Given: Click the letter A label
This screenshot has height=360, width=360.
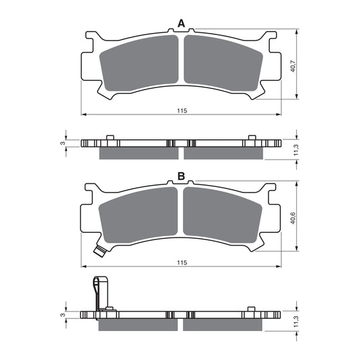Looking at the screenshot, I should click(x=180, y=24).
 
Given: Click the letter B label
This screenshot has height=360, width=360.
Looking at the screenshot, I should click(x=180, y=176).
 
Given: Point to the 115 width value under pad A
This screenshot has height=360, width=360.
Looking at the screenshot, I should click(x=181, y=110).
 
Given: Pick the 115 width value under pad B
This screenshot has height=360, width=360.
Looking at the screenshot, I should click(x=181, y=262).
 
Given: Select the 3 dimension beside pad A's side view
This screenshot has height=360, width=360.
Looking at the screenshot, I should click(x=61, y=143).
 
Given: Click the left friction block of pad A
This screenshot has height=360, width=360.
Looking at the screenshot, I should click(x=139, y=65).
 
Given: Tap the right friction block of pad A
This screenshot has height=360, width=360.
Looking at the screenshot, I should click(x=223, y=65).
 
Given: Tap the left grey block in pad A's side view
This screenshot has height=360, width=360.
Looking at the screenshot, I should click(x=139, y=154).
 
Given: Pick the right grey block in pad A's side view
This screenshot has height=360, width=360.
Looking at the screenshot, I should click(x=223, y=154).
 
